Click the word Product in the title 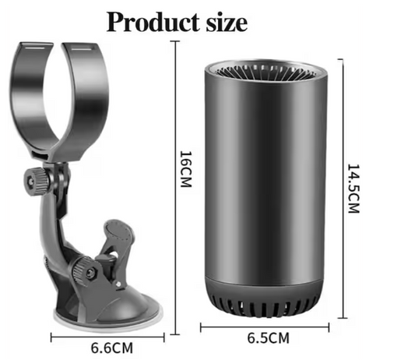coord(153,22)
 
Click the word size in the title coord(227,23)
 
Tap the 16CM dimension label coord(186,169)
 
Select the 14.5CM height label coord(353,189)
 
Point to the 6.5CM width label coord(269,338)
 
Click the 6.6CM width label coord(112,348)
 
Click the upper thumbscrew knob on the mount coord(36,182)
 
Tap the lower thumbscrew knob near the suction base coord(83,270)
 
